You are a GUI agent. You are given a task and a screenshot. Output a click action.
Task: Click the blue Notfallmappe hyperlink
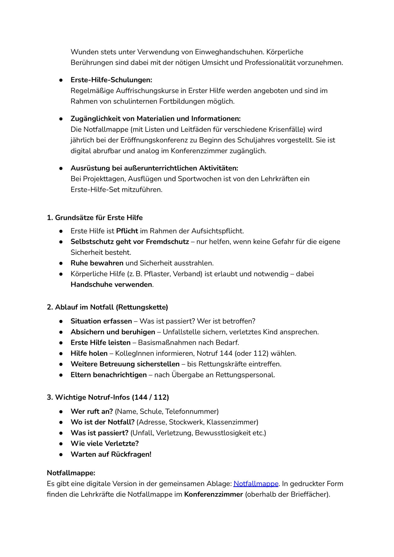tap(256, 484)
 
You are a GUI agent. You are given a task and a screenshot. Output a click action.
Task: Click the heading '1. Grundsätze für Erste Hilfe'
tap(95, 218)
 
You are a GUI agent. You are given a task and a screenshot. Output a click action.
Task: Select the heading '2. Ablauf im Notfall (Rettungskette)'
tap(107, 307)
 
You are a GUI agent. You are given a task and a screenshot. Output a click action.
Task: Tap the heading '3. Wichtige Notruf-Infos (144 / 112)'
tap(108, 397)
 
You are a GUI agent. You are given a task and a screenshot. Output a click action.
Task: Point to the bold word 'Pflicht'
tap(127, 231)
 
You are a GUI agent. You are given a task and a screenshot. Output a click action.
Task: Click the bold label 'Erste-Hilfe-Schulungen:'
tap(111, 80)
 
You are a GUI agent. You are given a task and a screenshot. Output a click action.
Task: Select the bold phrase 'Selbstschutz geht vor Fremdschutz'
tap(130, 242)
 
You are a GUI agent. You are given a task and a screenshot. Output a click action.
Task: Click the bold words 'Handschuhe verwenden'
tap(111, 284)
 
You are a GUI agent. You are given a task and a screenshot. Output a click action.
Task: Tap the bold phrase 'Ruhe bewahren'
tap(97, 263)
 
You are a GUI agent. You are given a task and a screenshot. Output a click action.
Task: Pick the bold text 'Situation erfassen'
tap(101, 321)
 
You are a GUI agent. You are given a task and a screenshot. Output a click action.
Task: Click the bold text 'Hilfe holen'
tap(89, 353)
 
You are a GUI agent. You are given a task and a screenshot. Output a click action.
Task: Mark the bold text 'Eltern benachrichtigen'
tap(108, 375)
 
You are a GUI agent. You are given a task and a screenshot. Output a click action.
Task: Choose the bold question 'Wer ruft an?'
tap(91, 411)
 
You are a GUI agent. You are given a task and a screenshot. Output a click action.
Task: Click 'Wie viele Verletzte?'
tap(105, 443)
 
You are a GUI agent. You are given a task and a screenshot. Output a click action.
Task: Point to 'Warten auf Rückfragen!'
tap(111, 454)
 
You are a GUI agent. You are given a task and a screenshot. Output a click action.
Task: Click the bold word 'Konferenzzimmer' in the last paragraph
tap(213, 494)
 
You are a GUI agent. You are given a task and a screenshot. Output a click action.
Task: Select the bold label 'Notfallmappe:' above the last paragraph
tap(71, 473)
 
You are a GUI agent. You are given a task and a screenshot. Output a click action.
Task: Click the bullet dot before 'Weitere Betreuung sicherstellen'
tap(61, 364)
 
